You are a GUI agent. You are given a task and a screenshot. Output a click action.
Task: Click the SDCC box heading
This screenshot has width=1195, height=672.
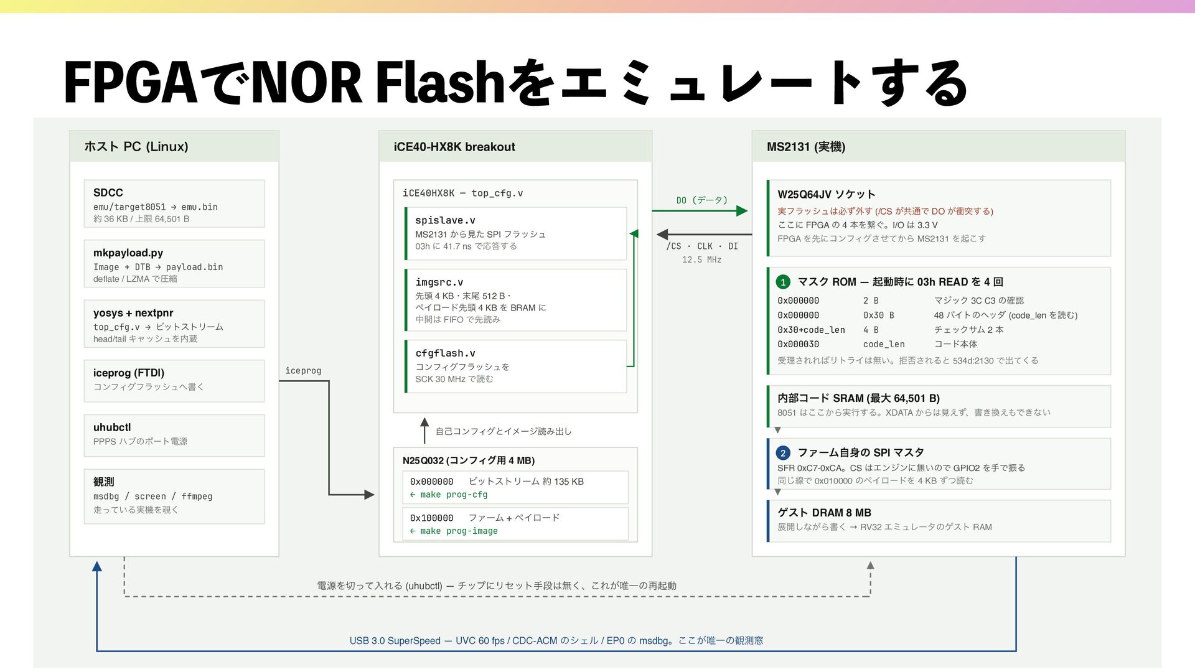coord(108,193)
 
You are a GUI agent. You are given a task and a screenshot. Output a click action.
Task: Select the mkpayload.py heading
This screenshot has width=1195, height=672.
coord(128,253)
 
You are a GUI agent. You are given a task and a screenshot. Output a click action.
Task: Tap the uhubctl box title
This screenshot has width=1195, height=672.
coord(112,427)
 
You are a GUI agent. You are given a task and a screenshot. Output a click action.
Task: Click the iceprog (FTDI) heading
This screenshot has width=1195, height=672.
coord(129,373)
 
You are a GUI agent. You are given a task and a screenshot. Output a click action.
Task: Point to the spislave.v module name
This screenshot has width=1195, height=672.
coord(445,220)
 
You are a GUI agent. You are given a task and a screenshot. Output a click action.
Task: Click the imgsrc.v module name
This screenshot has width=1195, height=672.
coord(439,282)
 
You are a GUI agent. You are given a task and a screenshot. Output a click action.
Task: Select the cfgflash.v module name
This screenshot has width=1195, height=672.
coord(445,353)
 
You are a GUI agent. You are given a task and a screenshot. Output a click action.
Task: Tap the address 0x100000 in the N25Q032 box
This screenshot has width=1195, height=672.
coord(431,518)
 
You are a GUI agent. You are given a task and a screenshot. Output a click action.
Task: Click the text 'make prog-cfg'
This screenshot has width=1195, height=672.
coord(454,495)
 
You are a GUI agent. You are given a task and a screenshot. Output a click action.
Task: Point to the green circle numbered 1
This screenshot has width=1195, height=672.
coord(783,282)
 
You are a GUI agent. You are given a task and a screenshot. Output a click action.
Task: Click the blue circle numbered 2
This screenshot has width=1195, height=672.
coord(783,453)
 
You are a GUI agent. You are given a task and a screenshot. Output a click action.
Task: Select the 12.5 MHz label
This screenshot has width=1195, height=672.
coord(701,259)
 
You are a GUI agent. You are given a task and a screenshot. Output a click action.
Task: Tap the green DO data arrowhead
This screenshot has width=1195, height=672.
coord(742,211)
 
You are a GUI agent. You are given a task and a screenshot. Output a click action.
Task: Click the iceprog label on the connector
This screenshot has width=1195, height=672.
coord(303,371)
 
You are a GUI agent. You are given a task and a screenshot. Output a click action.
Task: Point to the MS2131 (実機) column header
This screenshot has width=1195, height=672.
coord(806,147)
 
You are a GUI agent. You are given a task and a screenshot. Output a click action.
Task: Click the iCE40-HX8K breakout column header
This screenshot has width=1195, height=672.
coord(454,147)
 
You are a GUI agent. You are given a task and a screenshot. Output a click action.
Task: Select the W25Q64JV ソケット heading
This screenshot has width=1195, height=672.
coord(827,194)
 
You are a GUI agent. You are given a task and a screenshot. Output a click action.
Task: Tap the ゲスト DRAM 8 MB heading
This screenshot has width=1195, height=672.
coord(824,513)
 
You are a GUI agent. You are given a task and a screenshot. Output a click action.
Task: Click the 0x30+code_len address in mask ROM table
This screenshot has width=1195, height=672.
coord(811,330)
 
